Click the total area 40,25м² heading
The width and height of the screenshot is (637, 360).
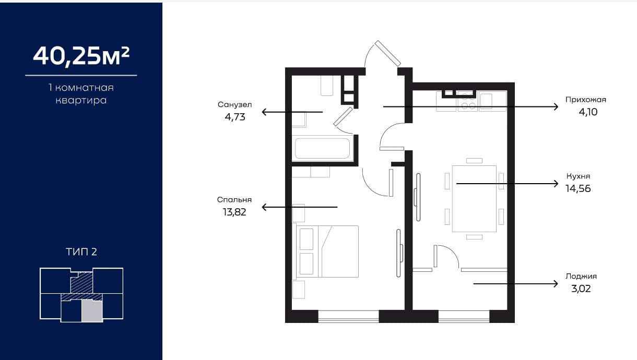[81, 56]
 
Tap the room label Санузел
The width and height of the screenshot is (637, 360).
[234, 105]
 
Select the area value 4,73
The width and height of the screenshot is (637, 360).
[235, 117]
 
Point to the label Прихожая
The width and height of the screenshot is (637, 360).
[585, 100]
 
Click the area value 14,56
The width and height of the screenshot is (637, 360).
[578, 188]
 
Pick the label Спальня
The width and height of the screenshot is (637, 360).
[234, 200]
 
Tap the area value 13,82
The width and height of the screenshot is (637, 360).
[234, 212]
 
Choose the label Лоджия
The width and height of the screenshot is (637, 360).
[581, 277]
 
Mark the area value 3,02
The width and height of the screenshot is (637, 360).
[581, 289]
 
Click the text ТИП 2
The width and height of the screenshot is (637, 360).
[81, 252]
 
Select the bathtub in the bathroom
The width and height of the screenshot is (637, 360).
[323, 148]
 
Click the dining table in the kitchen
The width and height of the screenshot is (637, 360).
[474, 199]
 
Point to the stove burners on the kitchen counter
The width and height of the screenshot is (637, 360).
[468, 101]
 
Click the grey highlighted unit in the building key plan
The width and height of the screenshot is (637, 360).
[92, 311]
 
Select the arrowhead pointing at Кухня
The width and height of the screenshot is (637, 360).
[556, 184]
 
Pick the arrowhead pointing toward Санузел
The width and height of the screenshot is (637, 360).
[264, 112]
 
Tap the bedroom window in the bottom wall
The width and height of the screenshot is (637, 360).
[348, 316]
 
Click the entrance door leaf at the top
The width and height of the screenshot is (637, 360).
[388, 53]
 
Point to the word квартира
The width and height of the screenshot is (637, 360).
[81, 101]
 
